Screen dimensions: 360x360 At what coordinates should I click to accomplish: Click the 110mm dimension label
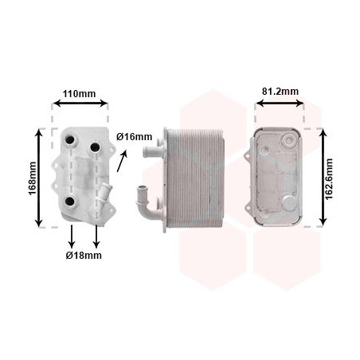point(79,94)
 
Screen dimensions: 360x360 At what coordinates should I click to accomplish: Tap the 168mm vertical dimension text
point(33,178)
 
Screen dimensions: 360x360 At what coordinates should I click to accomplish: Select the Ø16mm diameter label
point(135,137)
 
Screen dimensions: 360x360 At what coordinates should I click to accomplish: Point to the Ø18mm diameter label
point(84,256)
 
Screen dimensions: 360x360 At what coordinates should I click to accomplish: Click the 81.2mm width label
point(280,92)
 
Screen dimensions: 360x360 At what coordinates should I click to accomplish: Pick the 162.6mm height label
point(329,179)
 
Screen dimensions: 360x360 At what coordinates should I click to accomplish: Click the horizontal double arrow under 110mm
point(80,103)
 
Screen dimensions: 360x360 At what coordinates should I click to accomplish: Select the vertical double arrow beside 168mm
point(39,178)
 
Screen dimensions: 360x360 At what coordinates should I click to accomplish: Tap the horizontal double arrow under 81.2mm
point(280,103)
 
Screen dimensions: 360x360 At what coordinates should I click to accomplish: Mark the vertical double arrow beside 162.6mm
point(323,177)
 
